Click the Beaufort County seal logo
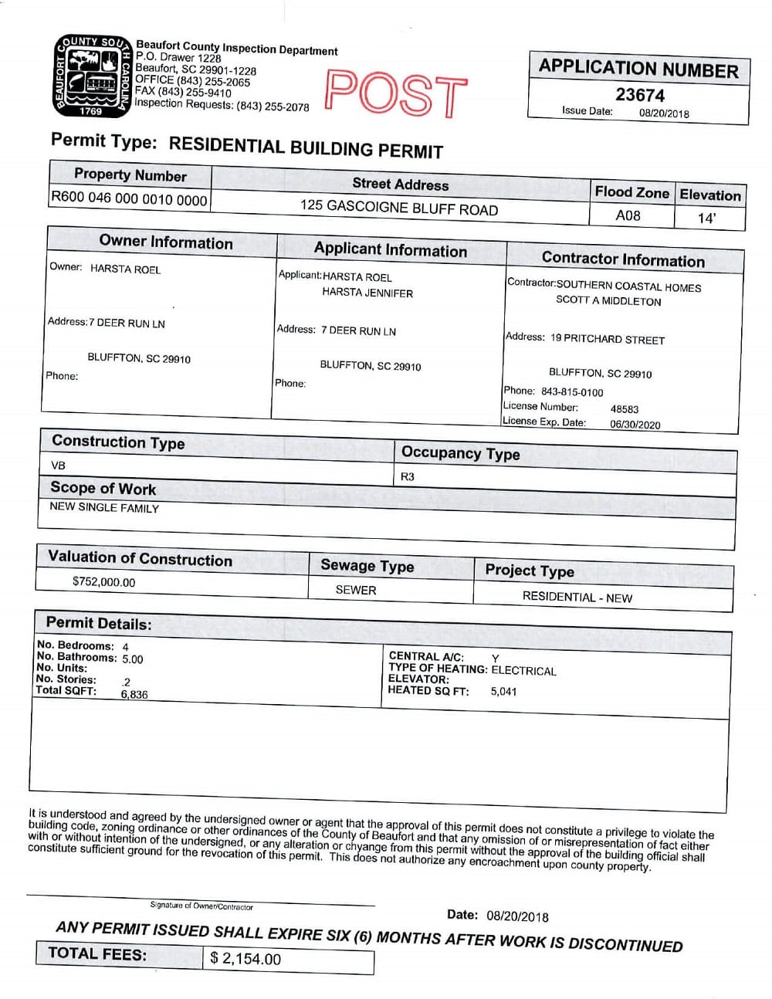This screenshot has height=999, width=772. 91,76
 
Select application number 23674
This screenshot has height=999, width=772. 639,95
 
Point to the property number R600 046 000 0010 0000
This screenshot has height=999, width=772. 129,198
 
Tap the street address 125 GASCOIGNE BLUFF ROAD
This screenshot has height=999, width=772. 399,208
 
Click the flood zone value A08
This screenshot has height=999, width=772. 628,215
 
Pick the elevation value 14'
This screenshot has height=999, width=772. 706,218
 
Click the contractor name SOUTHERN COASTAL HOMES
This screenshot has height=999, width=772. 628,286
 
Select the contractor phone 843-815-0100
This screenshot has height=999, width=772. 572,392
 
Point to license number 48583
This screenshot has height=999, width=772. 624,409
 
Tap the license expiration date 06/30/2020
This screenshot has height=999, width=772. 635,424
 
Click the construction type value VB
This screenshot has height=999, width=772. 58,466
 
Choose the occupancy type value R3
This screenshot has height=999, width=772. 408,476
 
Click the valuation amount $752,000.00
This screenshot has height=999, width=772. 103,582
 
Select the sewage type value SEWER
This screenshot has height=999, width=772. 356,590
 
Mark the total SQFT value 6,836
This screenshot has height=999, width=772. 134,694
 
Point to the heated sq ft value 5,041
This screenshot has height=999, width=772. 503,691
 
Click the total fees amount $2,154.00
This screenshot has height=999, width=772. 246,959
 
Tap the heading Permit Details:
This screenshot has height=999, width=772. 99,623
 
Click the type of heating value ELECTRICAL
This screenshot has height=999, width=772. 523,670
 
